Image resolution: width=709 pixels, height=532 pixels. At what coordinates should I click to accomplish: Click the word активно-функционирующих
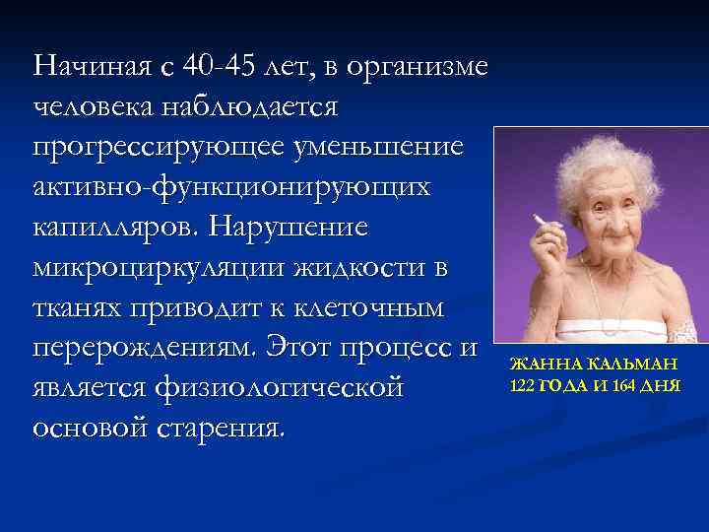click(x=231, y=187)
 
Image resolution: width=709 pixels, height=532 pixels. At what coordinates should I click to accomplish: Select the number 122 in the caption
click(x=522, y=383)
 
